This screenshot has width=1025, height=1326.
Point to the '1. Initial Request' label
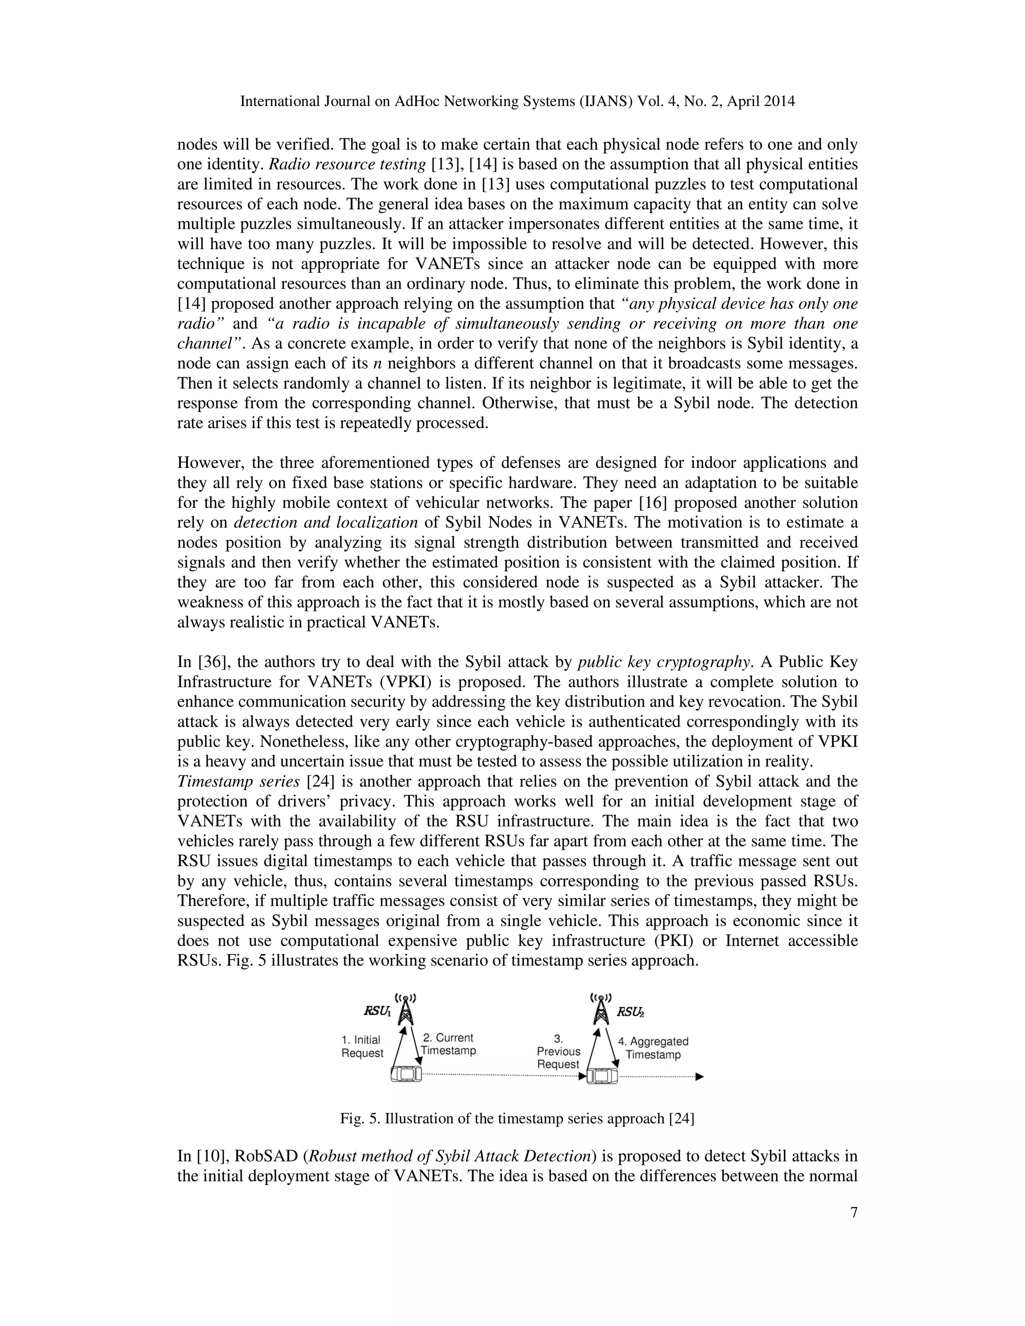point(362,1046)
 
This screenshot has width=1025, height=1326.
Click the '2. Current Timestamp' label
point(448,1044)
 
